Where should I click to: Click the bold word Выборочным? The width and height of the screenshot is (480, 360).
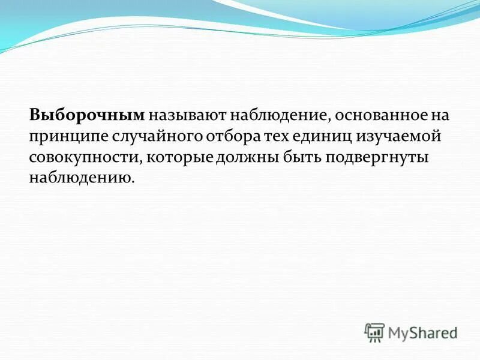click(88, 115)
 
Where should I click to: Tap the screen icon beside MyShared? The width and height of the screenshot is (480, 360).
click(374, 332)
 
